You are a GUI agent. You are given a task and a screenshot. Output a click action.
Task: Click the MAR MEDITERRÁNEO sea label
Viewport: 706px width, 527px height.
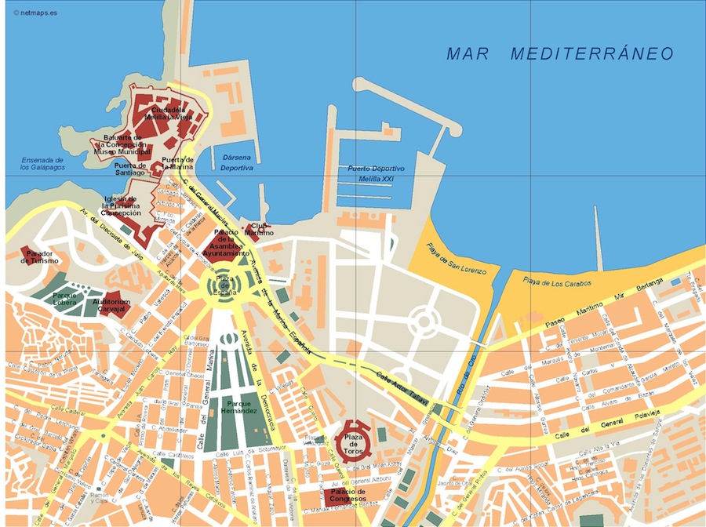(560, 53)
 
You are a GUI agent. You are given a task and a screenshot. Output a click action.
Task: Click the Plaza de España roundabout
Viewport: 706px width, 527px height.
(224, 284)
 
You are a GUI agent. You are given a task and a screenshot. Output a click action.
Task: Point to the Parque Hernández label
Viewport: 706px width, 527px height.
(238, 407)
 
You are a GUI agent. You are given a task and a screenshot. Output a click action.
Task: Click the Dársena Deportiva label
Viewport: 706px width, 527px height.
(237, 162)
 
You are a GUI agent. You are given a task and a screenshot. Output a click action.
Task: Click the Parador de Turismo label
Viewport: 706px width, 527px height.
(39, 257)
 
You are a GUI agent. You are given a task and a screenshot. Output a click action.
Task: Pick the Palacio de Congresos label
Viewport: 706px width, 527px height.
(347, 494)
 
